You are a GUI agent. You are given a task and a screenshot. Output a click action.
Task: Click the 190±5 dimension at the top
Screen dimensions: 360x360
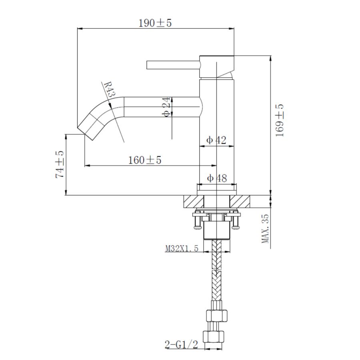coord(155,23)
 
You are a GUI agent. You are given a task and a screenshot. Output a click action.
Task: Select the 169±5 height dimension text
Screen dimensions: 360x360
coord(280,120)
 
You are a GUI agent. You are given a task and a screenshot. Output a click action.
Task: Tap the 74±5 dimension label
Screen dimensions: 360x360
coord(60,164)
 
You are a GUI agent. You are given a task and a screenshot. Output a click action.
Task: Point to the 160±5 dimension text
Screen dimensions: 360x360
coord(145,160)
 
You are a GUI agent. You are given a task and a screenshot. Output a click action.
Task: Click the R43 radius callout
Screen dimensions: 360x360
coord(110,89)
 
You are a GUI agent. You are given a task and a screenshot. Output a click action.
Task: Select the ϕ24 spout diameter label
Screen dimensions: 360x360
coord(166,107)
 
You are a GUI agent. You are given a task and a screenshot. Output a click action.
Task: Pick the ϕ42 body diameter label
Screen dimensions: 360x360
coord(216,140)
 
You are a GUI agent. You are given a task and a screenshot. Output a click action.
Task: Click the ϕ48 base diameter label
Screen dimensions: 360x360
coord(217,178)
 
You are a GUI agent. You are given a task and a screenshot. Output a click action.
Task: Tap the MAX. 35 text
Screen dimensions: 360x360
coord(265,228)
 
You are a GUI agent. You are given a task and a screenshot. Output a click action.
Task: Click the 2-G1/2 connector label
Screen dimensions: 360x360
coord(181,345)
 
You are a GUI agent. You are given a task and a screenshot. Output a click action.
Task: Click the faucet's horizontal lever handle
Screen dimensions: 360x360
coord(173,65)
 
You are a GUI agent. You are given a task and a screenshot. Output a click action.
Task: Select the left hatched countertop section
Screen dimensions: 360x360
coord(194,202)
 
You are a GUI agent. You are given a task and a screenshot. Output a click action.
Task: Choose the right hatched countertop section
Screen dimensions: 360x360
coord(240,202)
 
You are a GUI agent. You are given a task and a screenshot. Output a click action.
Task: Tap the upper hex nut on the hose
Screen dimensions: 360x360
coord(217,316)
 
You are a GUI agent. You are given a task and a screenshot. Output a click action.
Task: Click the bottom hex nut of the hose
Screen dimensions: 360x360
coord(213,337)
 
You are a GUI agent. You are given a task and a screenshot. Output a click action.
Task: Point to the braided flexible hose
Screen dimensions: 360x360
coord(217,270)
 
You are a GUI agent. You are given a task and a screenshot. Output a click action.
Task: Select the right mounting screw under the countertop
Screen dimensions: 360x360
coord(236,221)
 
